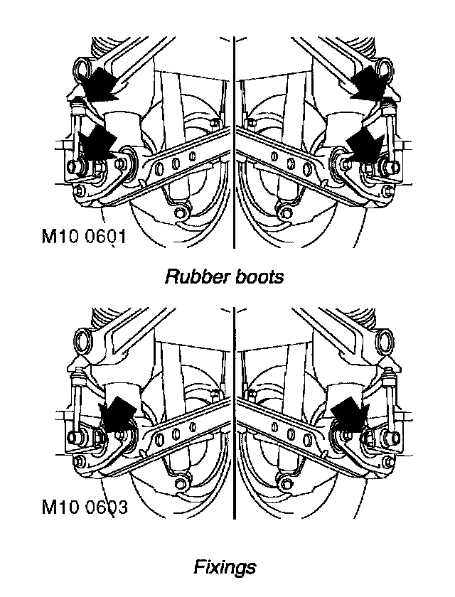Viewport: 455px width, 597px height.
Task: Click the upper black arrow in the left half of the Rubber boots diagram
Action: tap(100, 82)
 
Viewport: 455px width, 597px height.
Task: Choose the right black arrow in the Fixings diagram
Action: tap(349, 414)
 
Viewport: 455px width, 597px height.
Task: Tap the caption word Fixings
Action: tap(224, 567)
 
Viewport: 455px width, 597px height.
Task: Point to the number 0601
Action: tap(105, 236)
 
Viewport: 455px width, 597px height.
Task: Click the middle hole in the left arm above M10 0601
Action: tap(176, 164)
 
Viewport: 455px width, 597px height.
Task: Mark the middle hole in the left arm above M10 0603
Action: tap(176, 436)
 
